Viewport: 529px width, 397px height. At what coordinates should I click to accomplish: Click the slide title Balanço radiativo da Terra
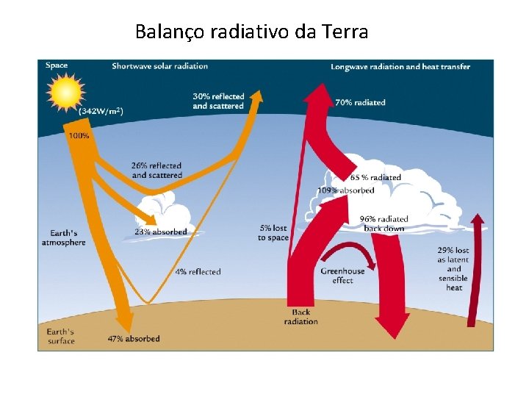tap(251, 32)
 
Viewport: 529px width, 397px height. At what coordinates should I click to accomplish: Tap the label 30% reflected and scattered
tap(217, 101)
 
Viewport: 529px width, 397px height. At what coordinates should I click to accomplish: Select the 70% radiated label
tap(360, 102)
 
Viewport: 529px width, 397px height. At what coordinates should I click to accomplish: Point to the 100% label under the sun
tap(79, 136)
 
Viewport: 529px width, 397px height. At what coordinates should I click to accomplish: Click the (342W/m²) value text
tap(101, 111)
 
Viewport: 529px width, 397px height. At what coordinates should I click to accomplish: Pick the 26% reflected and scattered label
tap(156, 171)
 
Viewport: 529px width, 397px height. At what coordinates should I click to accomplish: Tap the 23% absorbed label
tap(160, 232)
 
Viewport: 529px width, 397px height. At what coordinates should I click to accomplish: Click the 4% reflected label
tap(198, 272)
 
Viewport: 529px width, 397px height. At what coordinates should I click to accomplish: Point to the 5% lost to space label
tap(273, 233)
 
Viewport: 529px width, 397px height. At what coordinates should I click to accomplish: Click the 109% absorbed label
tap(345, 190)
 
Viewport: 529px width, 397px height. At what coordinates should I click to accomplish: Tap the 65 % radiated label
tap(375, 177)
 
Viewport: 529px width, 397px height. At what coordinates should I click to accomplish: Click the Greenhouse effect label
tap(342, 276)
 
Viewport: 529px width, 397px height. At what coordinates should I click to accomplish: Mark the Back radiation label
tap(301, 317)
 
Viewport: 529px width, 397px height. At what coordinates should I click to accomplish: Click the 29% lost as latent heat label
tap(454, 268)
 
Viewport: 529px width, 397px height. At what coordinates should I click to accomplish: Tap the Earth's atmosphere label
tap(63, 237)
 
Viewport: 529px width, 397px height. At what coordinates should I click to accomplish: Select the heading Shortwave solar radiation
tap(159, 66)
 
